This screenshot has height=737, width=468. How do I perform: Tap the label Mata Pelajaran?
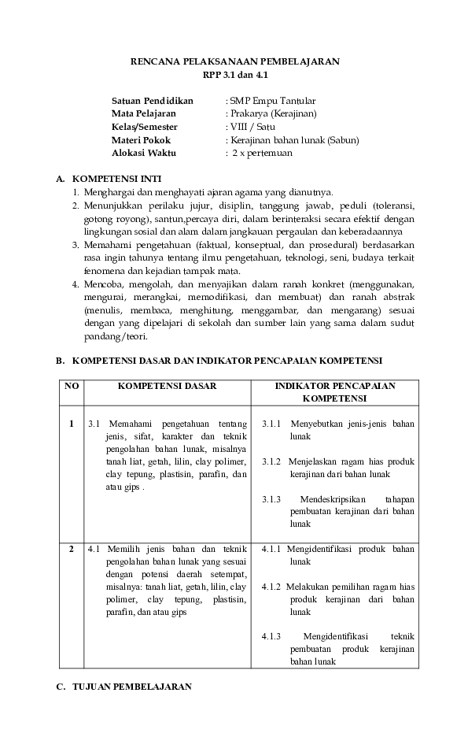[x=144, y=114]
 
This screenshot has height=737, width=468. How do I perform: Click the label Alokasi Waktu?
[x=145, y=153]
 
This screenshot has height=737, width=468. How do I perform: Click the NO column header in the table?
[x=72, y=386]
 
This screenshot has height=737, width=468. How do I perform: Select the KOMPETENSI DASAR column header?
[x=168, y=386]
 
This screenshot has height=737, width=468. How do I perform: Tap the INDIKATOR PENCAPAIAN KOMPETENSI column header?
[x=335, y=392]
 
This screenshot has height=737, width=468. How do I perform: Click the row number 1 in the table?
[x=72, y=424]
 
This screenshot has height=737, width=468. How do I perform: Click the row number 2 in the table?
[x=72, y=548]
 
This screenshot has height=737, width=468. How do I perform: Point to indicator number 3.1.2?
[x=271, y=461]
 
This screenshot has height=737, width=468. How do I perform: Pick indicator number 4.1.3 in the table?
[x=273, y=636]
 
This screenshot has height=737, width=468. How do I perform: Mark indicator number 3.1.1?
[x=272, y=424]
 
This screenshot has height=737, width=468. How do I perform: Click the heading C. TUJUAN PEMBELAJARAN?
[x=123, y=687]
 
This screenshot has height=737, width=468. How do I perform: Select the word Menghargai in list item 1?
[x=109, y=192]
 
